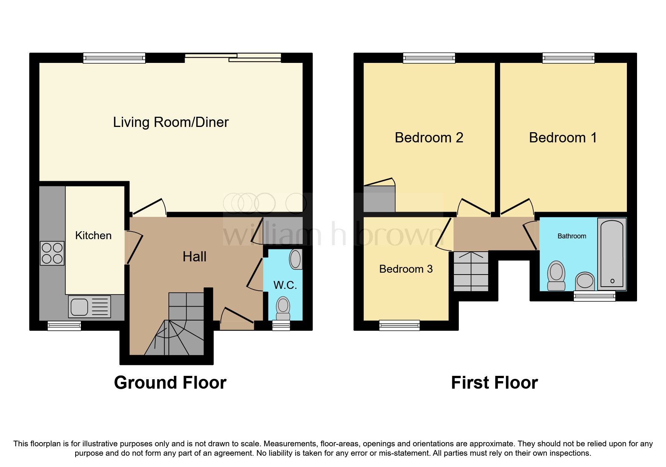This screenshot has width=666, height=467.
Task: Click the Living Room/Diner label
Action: tap(171, 122)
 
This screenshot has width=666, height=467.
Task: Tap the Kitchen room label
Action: tap(93, 235)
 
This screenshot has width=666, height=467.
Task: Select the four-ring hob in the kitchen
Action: tap(52, 253)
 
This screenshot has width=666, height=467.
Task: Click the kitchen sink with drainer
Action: tap(90, 307)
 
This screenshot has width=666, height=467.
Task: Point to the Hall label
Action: tap(194, 256)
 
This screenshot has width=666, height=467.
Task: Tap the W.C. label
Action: tap(285, 285)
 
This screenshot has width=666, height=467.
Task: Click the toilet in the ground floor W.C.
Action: tap(283, 308)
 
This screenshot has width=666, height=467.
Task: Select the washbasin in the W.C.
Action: tap(296, 259)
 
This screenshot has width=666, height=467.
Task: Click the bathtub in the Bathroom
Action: tap(612, 254)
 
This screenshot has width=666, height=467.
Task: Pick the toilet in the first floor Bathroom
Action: tap(556, 276)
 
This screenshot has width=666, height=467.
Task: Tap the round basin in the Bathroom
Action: tap(585, 281)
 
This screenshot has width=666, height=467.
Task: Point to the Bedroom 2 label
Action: tap(429, 138)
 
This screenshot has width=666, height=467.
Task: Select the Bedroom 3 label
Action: tap(406, 269)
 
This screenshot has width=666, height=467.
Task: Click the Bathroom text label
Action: tap(572, 236)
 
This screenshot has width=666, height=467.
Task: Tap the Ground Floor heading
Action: tap(170, 383)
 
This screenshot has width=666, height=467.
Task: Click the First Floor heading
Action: tap(494, 383)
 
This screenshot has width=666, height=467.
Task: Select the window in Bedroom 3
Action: tap(399, 325)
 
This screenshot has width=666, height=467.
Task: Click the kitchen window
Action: tap(64, 326)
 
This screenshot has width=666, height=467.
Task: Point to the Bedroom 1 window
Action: tap(568, 58)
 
